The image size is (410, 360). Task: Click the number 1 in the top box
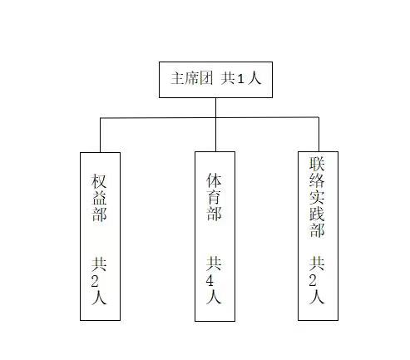pyautogui.click(x=240, y=79)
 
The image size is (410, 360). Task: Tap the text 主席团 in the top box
pyautogui.click(x=191, y=78)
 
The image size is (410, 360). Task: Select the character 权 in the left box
pyautogui.click(x=99, y=181)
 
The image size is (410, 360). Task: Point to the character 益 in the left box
pyautogui.click(x=99, y=198)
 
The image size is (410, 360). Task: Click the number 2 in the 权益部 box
pyautogui.click(x=95, y=282)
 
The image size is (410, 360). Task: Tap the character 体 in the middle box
pyautogui.click(x=214, y=180)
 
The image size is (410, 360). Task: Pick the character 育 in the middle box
pyautogui.click(x=214, y=196)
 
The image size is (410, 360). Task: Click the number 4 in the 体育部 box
pyautogui.click(x=210, y=281)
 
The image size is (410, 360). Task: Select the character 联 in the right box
pyautogui.click(x=317, y=164)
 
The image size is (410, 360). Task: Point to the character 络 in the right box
pyautogui.click(x=317, y=180)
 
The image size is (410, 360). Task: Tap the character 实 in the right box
pyautogui.click(x=317, y=197)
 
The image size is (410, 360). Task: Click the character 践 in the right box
pyautogui.click(x=317, y=213)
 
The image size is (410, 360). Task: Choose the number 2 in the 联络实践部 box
pyautogui.click(x=313, y=281)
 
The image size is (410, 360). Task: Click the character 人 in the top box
pyautogui.click(x=254, y=78)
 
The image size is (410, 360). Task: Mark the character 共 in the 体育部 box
pyautogui.click(x=214, y=264)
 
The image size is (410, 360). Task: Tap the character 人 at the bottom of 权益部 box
pyautogui.click(x=99, y=298)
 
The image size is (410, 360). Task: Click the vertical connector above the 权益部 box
pyautogui.click(x=101, y=136)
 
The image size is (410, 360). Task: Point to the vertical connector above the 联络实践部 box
pyautogui.click(x=319, y=135)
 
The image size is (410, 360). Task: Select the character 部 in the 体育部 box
pyautogui.click(x=214, y=213)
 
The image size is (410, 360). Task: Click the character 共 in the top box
pyautogui.click(x=228, y=78)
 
